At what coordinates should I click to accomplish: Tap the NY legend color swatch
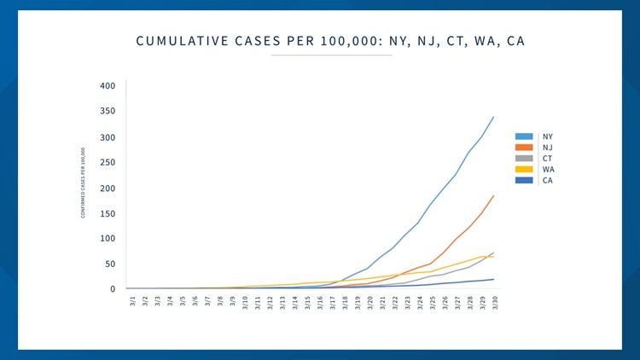coord(524,136)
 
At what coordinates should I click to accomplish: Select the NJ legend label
coord(547,148)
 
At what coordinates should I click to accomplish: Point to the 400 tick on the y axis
coord(107,86)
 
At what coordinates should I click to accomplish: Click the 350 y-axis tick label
coord(107,112)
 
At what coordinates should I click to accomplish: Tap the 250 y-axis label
coord(107,163)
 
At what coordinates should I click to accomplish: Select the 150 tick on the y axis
coord(107,213)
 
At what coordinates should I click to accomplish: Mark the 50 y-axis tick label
coord(109,264)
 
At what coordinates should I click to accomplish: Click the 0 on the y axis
coord(112,289)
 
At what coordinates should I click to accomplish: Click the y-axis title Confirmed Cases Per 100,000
coord(83,183)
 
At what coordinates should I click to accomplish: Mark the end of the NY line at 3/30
coord(493,117)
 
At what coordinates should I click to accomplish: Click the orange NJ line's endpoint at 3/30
coord(493,195)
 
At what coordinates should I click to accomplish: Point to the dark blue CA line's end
coord(493,279)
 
